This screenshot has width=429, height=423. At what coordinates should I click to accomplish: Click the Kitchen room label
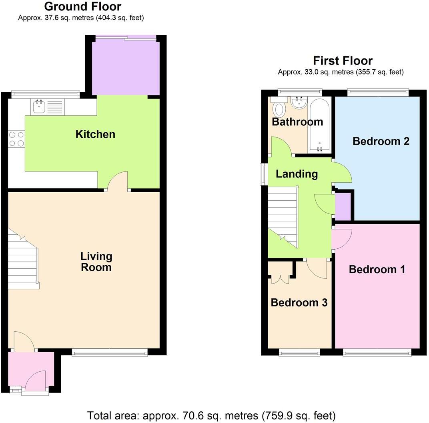pos(95,134)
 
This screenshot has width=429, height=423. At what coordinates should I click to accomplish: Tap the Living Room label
pos(96,262)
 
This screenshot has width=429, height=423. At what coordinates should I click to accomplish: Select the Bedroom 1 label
pos(377,269)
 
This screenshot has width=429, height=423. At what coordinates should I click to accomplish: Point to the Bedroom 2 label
pos(381,141)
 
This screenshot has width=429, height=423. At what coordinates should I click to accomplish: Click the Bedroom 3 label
pos(299,302)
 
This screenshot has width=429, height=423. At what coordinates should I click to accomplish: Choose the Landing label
pos(297,174)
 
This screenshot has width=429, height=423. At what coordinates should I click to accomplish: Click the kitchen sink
pos(39,107)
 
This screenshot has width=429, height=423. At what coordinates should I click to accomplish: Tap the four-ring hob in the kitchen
pos(16,139)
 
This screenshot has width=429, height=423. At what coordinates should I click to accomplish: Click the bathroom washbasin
pos(299,103)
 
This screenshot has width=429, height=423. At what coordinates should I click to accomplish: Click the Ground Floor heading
pos(82,6)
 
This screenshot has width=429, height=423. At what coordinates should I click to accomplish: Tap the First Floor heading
pos(343,60)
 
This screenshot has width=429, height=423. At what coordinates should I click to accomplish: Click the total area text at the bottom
pos(211,415)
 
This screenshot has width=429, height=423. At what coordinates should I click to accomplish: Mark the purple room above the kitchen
pos(125,67)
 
